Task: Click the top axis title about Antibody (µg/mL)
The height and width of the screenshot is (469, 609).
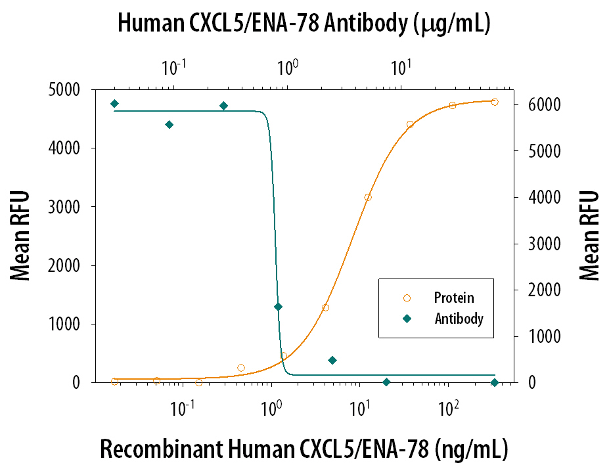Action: (x=304, y=24)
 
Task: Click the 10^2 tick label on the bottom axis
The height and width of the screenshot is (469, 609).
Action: (x=448, y=408)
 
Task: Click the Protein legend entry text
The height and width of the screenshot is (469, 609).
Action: (x=454, y=298)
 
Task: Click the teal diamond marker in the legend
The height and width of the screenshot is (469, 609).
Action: (x=407, y=319)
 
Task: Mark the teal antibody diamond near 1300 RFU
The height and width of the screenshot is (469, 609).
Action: (x=278, y=307)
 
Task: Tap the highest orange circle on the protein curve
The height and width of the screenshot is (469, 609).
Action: (x=495, y=102)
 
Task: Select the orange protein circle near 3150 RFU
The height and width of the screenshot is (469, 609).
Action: (x=368, y=197)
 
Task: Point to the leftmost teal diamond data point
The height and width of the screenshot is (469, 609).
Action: (x=114, y=104)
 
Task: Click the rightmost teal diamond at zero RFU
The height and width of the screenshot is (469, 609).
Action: (x=495, y=382)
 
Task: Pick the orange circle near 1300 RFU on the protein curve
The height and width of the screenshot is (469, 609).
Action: (x=325, y=307)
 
